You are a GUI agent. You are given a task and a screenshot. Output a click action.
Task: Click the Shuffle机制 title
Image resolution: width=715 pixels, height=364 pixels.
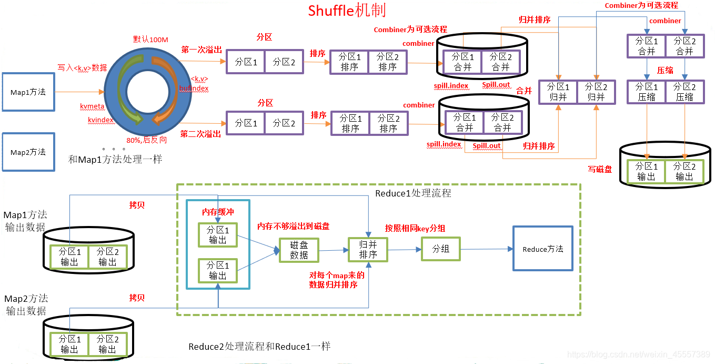pyautogui.click(x=347, y=11)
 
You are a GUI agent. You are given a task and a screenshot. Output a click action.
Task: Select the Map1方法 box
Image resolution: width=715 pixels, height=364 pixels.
pyautogui.click(x=28, y=92)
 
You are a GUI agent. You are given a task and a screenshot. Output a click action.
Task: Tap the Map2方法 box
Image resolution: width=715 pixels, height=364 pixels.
pyautogui.click(x=28, y=152)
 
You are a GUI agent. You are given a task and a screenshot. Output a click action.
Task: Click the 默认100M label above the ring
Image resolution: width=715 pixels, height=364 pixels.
pyautogui.click(x=150, y=40)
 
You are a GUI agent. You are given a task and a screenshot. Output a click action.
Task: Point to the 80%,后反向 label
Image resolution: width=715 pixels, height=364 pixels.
pyautogui.click(x=147, y=140)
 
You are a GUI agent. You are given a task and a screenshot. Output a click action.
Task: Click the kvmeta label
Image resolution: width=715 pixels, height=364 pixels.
pyautogui.click(x=92, y=106)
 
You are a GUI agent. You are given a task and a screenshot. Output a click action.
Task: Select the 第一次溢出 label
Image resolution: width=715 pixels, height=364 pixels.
pyautogui.click(x=201, y=50)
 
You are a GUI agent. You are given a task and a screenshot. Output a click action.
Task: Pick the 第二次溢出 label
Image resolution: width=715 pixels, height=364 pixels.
pyautogui.click(x=200, y=134)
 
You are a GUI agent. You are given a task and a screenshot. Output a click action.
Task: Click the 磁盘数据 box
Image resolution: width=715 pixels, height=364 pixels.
pyautogui.click(x=299, y=250)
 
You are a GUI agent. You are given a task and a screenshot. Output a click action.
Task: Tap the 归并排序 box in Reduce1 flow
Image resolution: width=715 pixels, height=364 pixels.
pyautogui.click(x=368, y=250)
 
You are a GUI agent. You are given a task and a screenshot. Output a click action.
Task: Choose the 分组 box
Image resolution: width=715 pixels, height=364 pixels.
pyautogui.click(x=440, y=249)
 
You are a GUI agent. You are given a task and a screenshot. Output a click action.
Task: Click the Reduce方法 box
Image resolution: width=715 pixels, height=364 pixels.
pyautogui.click(x=542, y=249)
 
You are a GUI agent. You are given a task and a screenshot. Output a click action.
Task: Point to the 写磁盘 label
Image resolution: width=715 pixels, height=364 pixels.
pyautogui.click(x=600, y=170)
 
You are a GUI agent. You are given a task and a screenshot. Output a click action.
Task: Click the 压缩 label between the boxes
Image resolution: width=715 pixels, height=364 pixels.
pyautogui.click(x=665, y=70)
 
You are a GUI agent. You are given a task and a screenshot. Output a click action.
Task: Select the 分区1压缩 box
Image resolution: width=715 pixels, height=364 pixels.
pyautogui.click(x=646, y=92)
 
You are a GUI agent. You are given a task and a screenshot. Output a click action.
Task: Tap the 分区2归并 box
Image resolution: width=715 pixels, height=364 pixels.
pyautogui.click(x=596, y=92)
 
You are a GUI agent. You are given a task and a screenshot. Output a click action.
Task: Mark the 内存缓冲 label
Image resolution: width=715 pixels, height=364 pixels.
pyautogui.click(x=218, y=212)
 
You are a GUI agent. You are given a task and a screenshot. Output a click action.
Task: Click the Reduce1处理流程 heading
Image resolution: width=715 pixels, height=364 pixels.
pyautogui.click(x=413, y=193)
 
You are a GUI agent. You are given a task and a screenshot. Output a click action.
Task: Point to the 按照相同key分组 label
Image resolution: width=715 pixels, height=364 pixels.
pyautogui.click(x=415, y=228)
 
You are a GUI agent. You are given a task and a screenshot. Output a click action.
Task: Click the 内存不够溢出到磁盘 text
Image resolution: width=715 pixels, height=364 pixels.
pyautogui.click(x=293, y=226)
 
